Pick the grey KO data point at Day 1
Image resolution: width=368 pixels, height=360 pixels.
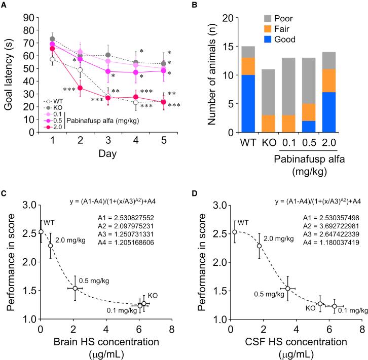tap(52, 39)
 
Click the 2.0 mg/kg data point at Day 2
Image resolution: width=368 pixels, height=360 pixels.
tap(80, 88)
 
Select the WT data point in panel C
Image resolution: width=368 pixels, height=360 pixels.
tap(41, 232)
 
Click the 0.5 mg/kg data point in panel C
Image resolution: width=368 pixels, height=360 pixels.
tap(75, 288)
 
